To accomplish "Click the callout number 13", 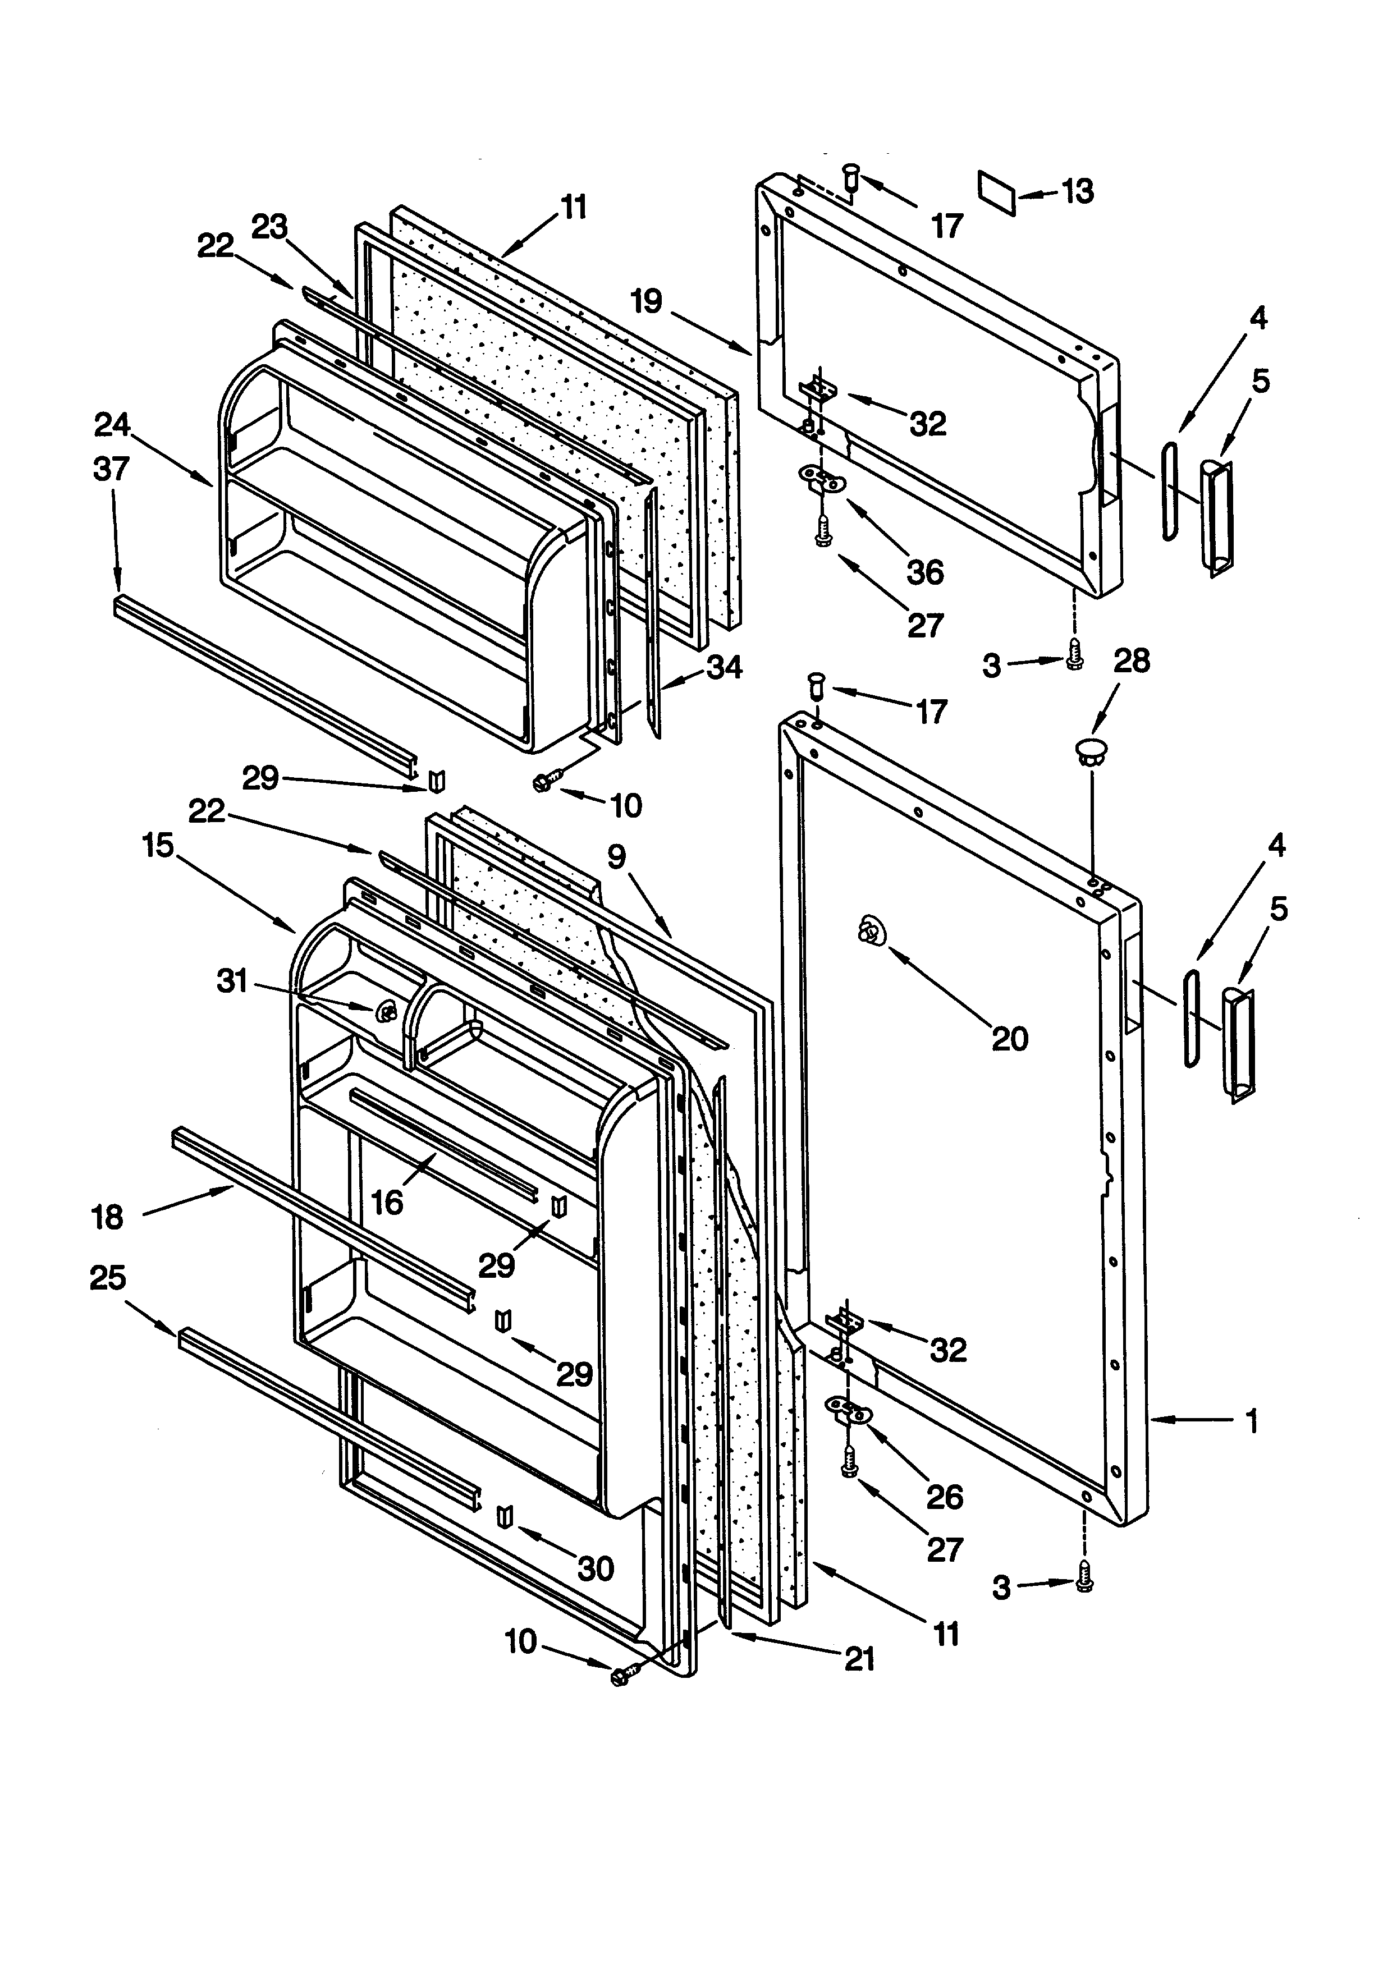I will tap(1078, 191).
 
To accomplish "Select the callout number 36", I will tap(925, 572).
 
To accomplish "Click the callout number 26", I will tap(945, 1497).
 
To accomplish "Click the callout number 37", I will tap(112, 469).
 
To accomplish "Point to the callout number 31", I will tap(232, 980).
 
